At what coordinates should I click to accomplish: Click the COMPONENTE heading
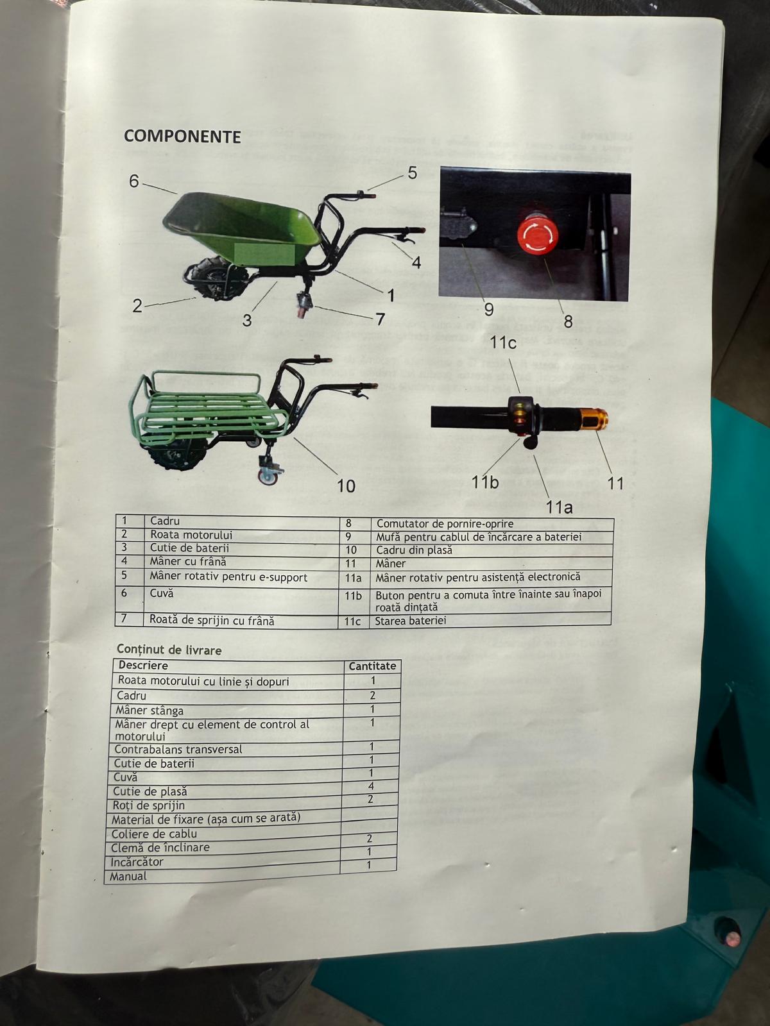182,137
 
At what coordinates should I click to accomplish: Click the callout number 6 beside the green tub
133,181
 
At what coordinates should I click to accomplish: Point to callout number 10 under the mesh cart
346,485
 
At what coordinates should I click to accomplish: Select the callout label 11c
503,342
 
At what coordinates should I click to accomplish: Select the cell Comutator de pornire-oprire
445,524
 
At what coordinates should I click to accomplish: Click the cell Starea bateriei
410,621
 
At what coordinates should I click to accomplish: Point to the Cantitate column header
372,666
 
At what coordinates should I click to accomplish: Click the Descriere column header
143,666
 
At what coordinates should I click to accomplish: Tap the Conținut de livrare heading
169,650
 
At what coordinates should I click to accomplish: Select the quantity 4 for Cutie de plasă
371,786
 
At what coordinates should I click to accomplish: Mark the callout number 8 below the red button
568,321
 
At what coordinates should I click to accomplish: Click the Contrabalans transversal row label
178,749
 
